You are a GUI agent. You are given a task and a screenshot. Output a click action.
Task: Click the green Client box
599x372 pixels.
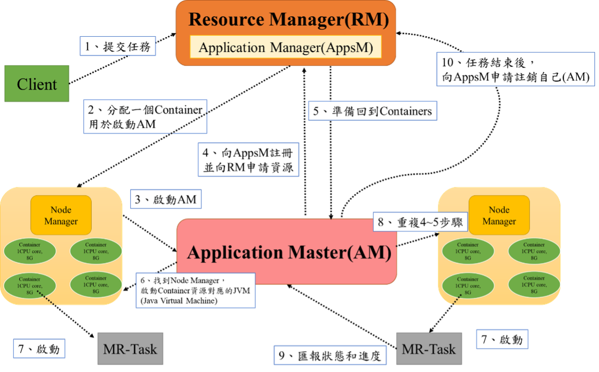(37, 84)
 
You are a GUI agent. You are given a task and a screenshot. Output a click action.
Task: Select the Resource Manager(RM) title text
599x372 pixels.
(288, 20)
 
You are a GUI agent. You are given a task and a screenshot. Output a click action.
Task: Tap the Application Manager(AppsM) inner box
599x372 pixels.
(286, 48)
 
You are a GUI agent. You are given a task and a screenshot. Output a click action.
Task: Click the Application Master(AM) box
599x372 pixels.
(287, 253)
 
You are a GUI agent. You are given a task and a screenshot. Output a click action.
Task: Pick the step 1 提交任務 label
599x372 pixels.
(118, 47)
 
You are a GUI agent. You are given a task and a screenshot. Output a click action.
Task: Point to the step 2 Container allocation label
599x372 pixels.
(145, 117)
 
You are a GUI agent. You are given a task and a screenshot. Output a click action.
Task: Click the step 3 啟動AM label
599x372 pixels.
(165, 200)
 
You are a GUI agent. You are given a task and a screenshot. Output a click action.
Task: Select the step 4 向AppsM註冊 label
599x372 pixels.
(249, 160)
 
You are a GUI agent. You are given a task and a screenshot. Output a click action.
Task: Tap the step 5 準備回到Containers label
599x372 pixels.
(372, 111)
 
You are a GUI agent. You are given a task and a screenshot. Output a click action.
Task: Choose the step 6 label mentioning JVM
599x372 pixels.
(196, 290)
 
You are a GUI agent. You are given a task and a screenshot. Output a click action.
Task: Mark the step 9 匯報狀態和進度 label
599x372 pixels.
(330, 355)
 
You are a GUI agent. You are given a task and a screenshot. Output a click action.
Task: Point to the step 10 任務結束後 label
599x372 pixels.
(515, 69)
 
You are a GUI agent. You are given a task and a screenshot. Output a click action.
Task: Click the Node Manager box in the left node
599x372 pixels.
(61, 215)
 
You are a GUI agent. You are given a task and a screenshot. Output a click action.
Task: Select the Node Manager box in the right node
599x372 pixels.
(499, 215)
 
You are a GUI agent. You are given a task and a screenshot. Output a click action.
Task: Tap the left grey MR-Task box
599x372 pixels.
(130, 349)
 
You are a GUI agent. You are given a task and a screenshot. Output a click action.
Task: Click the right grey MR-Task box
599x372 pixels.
(429, 349)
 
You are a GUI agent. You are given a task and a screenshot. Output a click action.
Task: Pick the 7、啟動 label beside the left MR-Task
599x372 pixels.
(39, 349)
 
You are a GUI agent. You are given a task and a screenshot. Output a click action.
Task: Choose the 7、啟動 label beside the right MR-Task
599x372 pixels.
(502, 340)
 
